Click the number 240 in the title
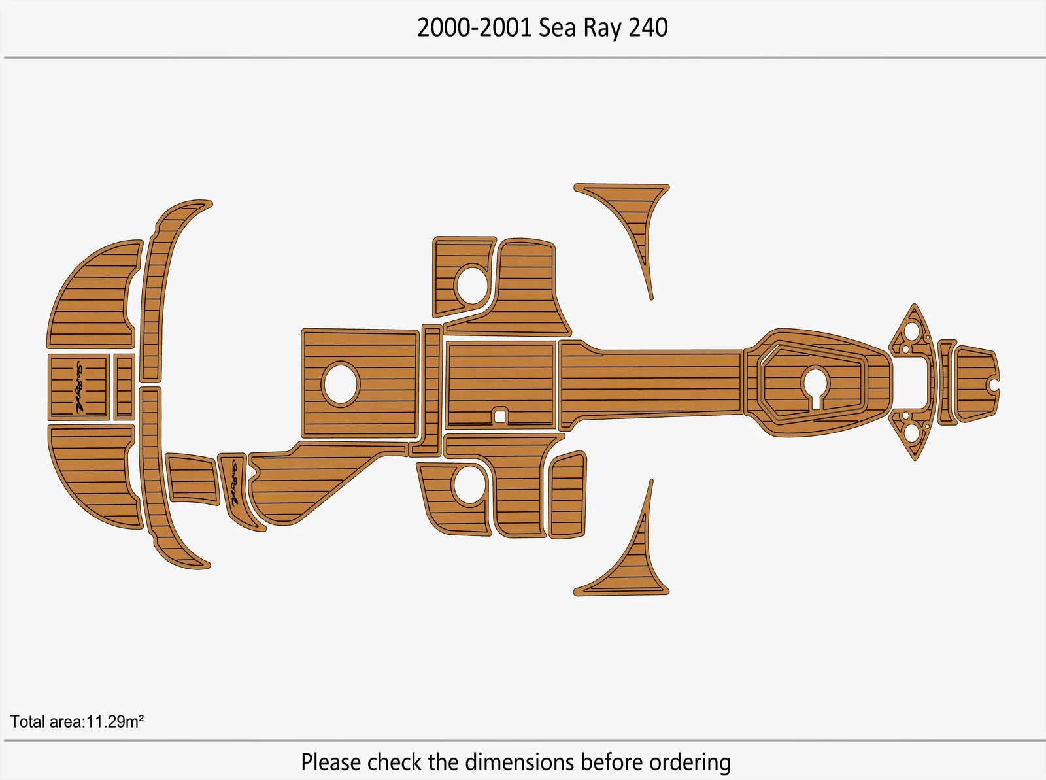click(x=648, y=27)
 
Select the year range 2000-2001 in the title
click(x=474, y=27)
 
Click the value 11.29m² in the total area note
click(x=115, y=721)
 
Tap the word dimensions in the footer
click(x=520, y=762)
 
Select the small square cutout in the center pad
click(x=500, y=416)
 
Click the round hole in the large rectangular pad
click(x=340, y=384)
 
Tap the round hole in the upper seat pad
click(x=471, y=285)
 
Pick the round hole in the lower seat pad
click(x=469, y=484)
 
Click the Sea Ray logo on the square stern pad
click(x=78, y=387)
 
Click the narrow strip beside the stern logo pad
click(x=124, y=387)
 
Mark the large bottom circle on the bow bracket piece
click(x=911, y=433)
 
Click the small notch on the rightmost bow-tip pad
click(x=994, y=384)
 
